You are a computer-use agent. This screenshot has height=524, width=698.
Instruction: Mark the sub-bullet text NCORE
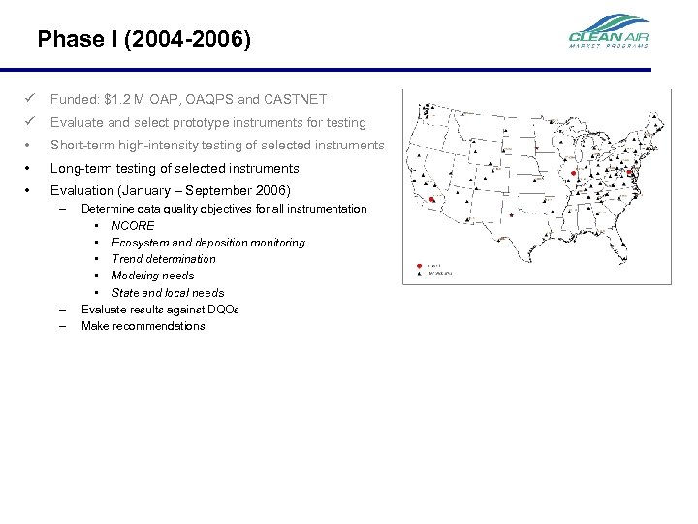[133, 225]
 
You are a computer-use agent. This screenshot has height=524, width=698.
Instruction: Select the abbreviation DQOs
[221, 310]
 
